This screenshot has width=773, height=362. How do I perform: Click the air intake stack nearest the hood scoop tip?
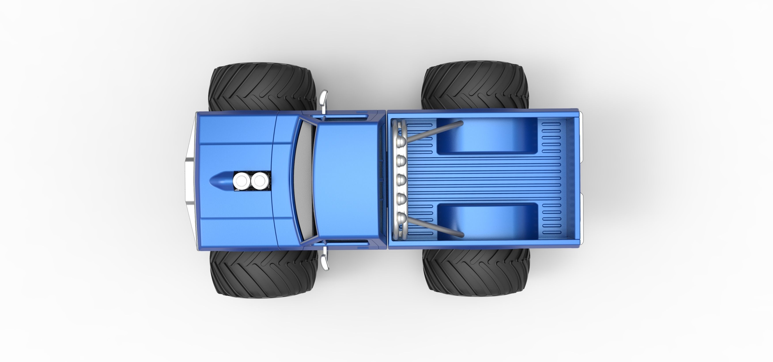[241, 181]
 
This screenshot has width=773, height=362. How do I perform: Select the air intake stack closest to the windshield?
[260, 181]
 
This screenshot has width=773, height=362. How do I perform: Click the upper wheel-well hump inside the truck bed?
[486, 136]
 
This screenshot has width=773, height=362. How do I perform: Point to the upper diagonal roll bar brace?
[432, 132]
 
